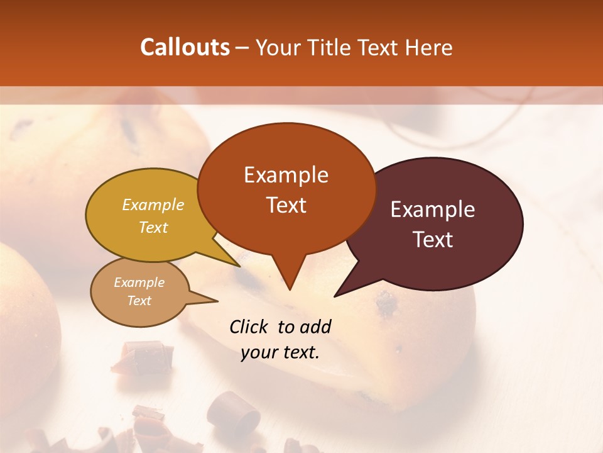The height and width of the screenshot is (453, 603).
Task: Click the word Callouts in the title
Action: (185, 47)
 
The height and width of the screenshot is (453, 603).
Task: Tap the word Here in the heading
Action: (430, 47)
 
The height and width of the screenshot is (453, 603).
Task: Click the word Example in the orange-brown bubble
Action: (286, 175)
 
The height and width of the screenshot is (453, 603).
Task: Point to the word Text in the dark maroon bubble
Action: (433, 240)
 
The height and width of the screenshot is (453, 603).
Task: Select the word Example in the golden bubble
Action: (153, 204)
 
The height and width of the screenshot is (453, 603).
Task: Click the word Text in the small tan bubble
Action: (139, 301)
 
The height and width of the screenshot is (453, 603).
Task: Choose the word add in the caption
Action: (315, 327)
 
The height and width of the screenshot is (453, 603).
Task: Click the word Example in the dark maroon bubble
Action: (433, 210)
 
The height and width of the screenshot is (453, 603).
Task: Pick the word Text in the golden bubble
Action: (153, 227)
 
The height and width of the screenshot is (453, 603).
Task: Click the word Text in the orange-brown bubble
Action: (286, 205)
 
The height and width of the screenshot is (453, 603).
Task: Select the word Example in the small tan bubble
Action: (139, 282)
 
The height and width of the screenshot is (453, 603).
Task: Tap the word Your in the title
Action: (276, 47)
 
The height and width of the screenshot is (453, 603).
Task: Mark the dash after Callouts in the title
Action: (242, 48)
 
